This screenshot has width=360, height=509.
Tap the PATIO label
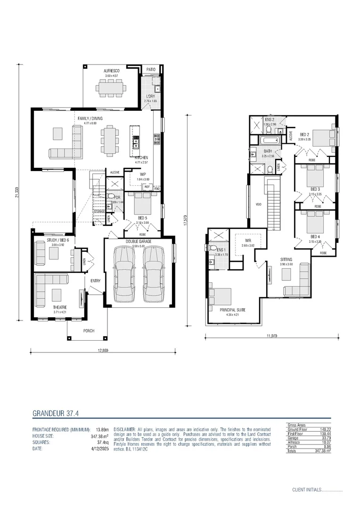tap(151, 69)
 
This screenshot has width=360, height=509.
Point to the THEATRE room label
tap(59, 307)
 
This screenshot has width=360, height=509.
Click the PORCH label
tap(89, 331)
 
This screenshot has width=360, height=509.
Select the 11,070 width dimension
tap(271, 336)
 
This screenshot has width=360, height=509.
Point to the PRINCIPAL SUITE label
tap(233, 310)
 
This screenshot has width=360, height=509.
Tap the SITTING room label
tap(286, 260)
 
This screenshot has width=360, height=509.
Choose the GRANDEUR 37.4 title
tap(55, 413)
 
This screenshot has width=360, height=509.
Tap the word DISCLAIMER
tap(124, 430)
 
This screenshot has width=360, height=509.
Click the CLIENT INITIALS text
tap(306, 490)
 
